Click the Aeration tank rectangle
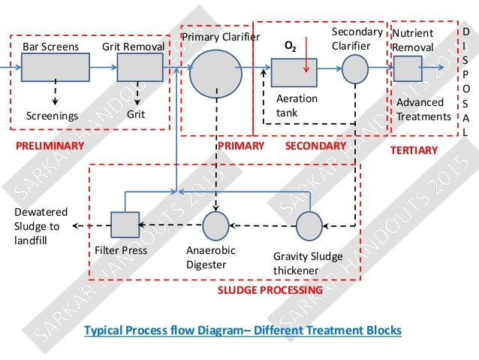click(x=294, y=71)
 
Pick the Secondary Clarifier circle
click(x=356, y=70)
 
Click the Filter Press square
click(x=125, y=224)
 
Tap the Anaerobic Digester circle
click(x=216, y=225)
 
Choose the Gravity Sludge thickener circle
click(x=309, y=224)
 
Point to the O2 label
click(x=289, y=47)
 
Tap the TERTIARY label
click(x=414, y=150)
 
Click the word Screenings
click(x=52, y=116)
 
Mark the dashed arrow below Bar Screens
click(x=55, y=95)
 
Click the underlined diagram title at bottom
click(x=243, y=330)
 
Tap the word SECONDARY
click(x=316, y=145)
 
